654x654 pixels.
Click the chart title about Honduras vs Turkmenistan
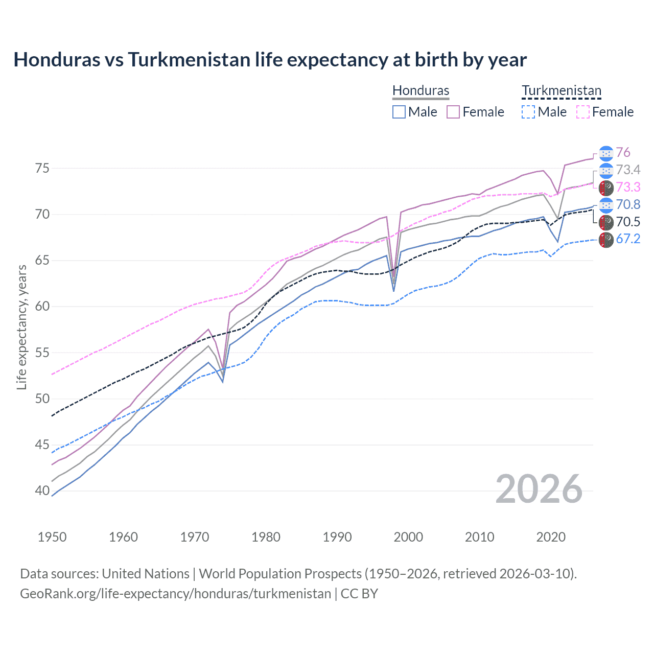[270, 60]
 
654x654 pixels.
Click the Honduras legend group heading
[421, 91]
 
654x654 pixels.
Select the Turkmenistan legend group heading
[561, 91]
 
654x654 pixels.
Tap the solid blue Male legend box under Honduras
[399, 112]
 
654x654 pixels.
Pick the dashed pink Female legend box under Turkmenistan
[583, 112]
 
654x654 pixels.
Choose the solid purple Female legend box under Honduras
[453, 112]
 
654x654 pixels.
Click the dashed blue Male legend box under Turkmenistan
[528, 112]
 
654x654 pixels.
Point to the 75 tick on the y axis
[42, 168]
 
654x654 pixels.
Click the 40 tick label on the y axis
[42, 491]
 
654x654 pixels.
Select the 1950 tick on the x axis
[52, 537]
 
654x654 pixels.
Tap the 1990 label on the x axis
[337, 537]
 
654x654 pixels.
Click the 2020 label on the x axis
[551, 537]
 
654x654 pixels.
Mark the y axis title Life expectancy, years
[21, 327]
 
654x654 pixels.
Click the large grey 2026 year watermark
[539, 489]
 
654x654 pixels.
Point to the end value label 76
[623, 152]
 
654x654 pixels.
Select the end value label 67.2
[628, 239]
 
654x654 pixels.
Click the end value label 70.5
[628, 222]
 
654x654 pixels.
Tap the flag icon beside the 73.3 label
[606, 188]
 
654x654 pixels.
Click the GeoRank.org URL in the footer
[175, 594]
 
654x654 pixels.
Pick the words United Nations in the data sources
[146, 574]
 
